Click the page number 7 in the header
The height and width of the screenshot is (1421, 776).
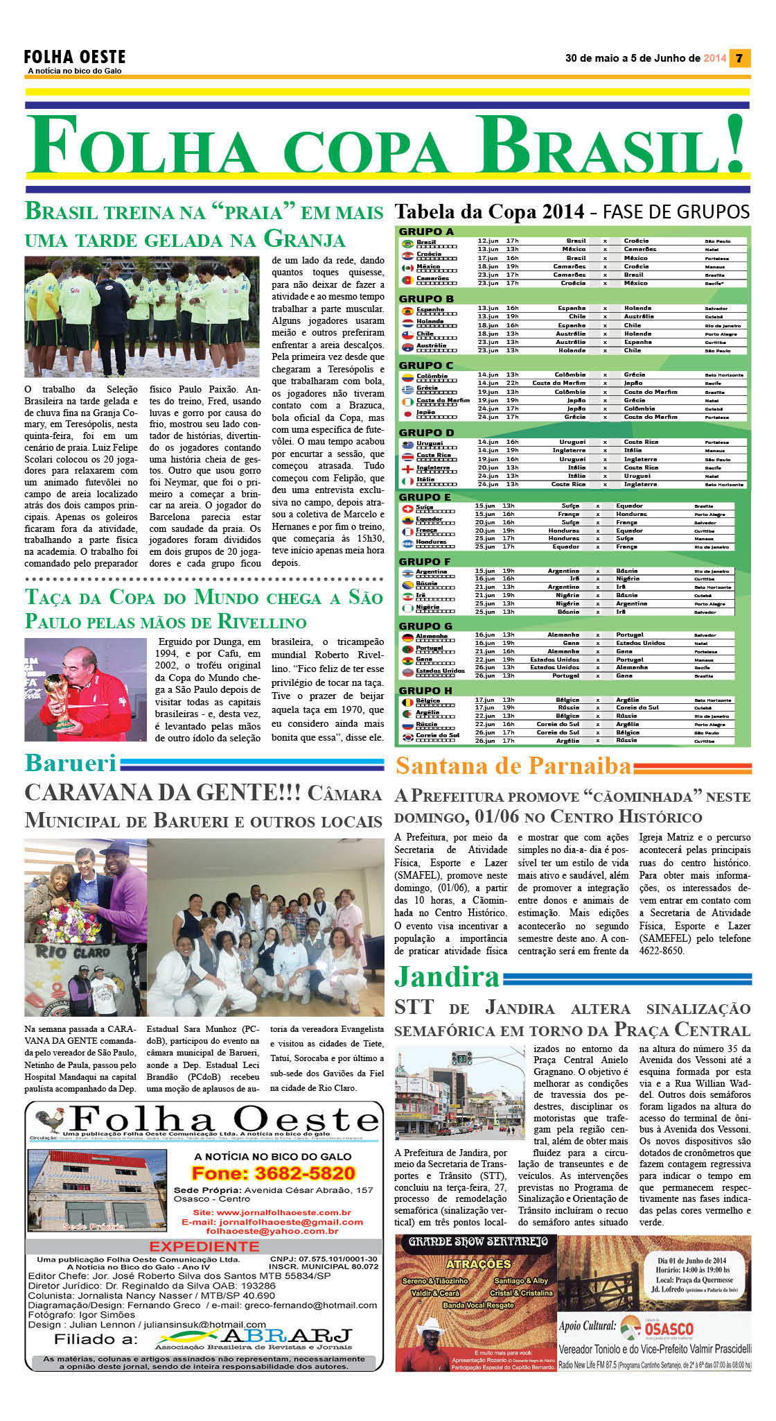(739, 58)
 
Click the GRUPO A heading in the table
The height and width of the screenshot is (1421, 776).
(426, 232)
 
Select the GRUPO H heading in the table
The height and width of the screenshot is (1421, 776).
(425, 691)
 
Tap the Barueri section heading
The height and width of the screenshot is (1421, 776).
(71, 763)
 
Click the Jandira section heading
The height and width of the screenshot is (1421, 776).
(447, 977)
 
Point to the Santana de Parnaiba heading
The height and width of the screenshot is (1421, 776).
(513, 766)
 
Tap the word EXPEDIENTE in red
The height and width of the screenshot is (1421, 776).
(204, 1246)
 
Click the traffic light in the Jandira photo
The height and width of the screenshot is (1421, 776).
(462, 1059)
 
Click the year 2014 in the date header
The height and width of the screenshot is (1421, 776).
(714, 58)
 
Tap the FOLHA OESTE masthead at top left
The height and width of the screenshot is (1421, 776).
(75, 57)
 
